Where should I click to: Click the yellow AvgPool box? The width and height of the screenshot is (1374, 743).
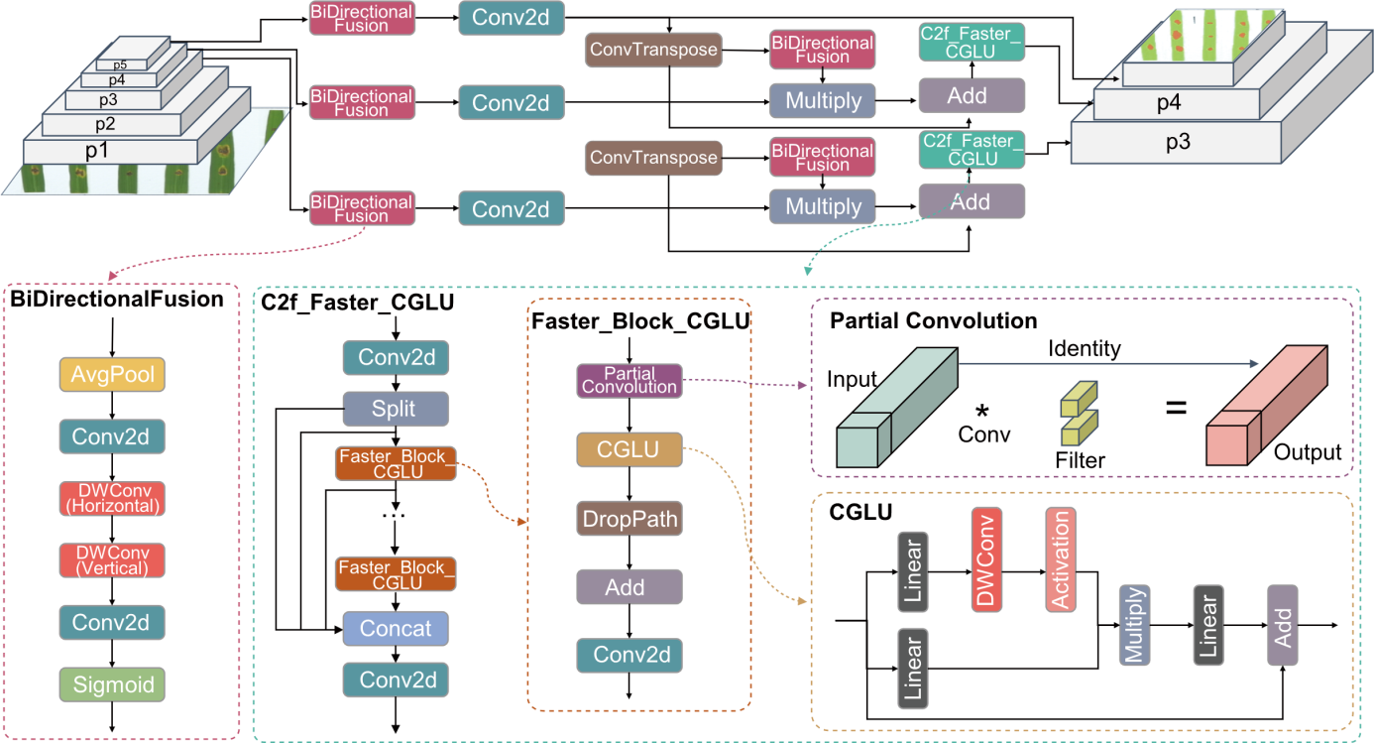pos(112,375)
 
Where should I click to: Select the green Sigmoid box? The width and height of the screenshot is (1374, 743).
pos(112,684)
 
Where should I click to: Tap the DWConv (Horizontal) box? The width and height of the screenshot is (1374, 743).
pos(112,499)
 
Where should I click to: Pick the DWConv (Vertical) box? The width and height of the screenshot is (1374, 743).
pos(112,560)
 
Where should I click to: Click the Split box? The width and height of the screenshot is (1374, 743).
pos(396,409)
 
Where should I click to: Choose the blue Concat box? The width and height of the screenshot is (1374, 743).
pos(396,629)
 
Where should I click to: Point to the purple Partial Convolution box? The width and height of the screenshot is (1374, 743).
pos(630,381)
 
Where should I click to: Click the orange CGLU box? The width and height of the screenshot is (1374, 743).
pos(630,449)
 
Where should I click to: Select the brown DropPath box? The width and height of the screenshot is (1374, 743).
pos(630,519)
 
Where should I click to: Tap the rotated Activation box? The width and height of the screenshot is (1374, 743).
pos(1060,559)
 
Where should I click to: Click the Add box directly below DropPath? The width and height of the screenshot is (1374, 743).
pos(630,587)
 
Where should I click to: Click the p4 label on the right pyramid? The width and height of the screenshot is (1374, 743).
pos(1169,102)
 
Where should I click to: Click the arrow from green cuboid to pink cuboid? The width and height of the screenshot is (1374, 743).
pos(1110,363)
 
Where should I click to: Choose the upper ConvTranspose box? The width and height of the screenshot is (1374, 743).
pos(653,50)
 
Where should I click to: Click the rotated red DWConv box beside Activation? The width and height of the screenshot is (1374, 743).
pos(986,559)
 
